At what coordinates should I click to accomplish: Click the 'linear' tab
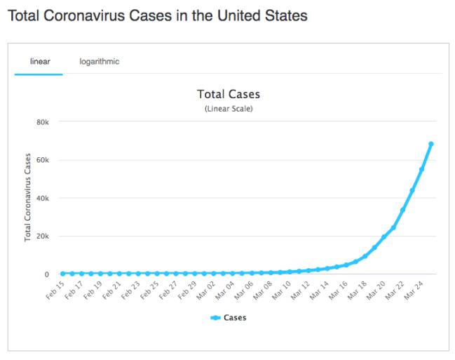(x=39, y=61)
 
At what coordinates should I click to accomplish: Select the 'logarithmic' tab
(x=99, y=61)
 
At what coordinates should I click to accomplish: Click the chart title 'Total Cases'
(x=229, y=94)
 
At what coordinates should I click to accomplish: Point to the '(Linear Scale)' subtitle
(x=229, y=109)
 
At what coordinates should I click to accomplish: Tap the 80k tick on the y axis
(x=43, y=122)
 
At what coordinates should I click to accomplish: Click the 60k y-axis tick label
(x=43, y=160)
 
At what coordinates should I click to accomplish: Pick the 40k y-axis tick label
(x=43, y=198)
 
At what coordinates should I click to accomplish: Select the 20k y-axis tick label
(x=43, y=236)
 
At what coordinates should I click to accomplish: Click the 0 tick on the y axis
(x=46, y=274)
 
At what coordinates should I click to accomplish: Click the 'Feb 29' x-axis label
(x=186, y=290)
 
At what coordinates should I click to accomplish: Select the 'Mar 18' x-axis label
(x=357, y=290)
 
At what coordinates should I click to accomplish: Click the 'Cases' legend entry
(x=229, y=318)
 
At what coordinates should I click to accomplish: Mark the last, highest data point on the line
(x=431, y=144)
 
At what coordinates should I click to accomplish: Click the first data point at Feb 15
(x=62, y=274)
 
